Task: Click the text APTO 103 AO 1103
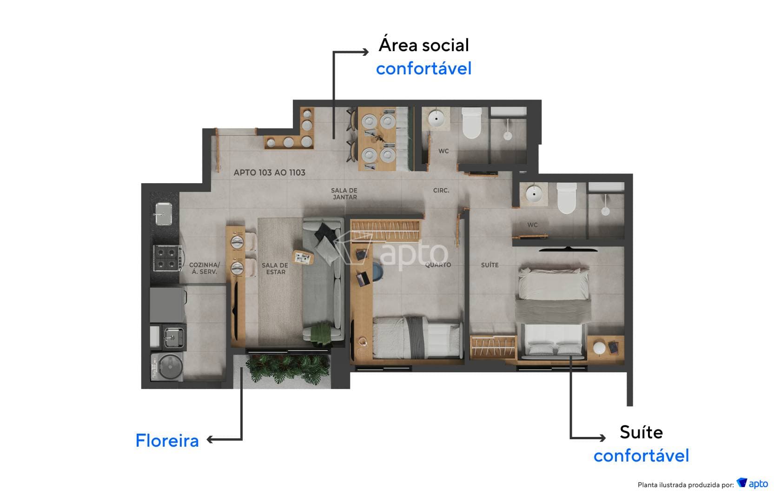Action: pyautogui.click(x=269, y=172)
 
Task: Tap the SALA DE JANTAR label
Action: pyautogui.click(x=344, y=193)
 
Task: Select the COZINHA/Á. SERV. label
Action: pyautogui.click(x=204, y=268)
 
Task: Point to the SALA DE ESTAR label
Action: pyautogui.click(x=275, y=268)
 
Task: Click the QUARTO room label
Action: pyautogui.click(x=438, y=265)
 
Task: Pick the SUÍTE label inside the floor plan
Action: pyautogui.click(x=490, y=265)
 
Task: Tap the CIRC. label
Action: pyautogui.click(x=441, y=191)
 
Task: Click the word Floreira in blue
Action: pyautogui.click(x=167, y=441)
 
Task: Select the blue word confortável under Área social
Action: pyautogui.click(x=424, y=68)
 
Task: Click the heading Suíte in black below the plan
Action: pyautogui.click(x=641, y=432)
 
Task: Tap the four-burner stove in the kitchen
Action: pyautogui.click(x=167, y=258)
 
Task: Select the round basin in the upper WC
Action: pyautogui.click(x=437, y=118)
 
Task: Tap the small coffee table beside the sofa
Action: pyautogui.click(x=303, y=257)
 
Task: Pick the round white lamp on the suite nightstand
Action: pyautogui.click(x=599, y=348)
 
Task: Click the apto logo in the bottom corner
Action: pyautogui.click(x=752, y=484)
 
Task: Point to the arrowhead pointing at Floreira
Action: pyautogui.click(x=210, y=440)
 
